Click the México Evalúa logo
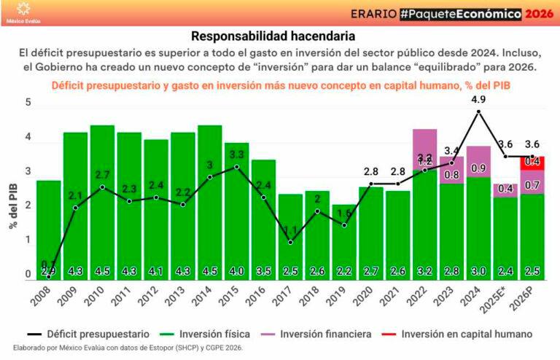tap(23, 12)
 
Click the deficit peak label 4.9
tap(478, 98)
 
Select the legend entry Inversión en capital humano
tap(462, 334)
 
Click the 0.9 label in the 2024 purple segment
tap(478, 168)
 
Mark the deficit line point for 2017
tap(289, 242)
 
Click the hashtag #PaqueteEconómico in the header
tap(462, 14)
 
